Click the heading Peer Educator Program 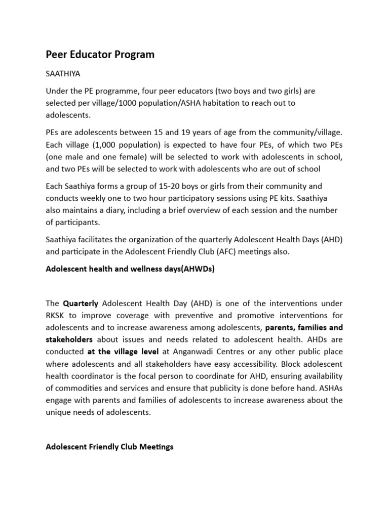coord(100,54)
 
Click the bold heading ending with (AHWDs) coord(130,269)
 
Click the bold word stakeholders coord(69,339)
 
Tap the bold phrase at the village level coord(120,352)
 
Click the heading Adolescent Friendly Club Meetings coord(109,447)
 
